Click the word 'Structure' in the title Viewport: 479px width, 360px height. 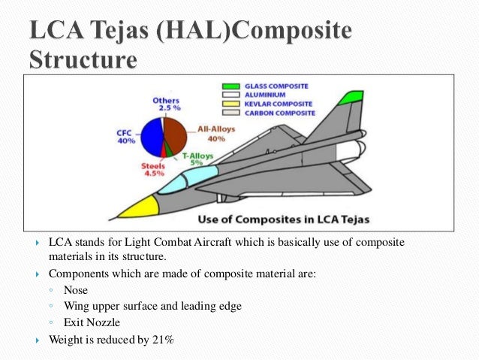[83, 60]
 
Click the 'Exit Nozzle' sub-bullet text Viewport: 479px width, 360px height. [92, 322]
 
